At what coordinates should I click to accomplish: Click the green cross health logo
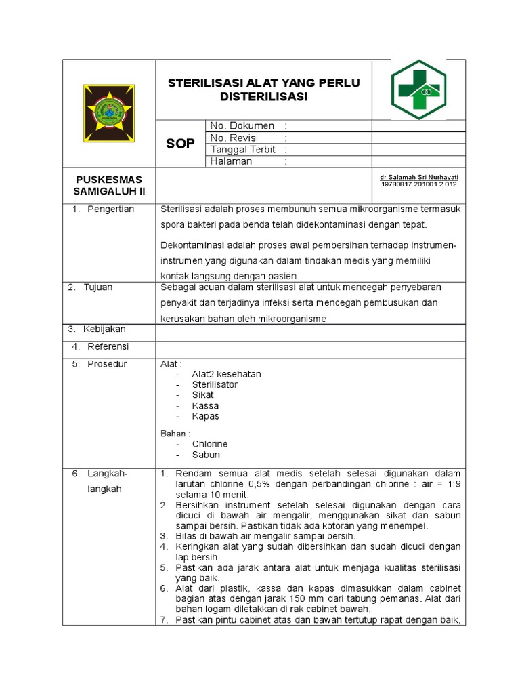[418, 89]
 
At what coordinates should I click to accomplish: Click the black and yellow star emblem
[108, 113]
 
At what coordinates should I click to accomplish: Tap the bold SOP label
[180, 144]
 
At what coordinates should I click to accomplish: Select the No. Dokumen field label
[242, 126]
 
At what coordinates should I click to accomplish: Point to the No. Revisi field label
[234, 138]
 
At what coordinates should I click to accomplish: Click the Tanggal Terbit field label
[243, 150]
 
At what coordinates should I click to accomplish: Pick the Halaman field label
[231, 161]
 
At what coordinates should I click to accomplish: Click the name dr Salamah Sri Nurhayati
[419, 176]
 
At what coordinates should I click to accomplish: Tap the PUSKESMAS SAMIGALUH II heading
[109, 185]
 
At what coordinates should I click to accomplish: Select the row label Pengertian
[110, 209]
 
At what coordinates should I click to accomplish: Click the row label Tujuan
[98, 287]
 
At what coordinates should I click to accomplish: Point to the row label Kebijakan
[104, 329]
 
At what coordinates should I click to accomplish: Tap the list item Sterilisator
[215, 384]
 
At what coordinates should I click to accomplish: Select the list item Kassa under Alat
[205, 405]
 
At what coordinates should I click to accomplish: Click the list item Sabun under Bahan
[206, 455]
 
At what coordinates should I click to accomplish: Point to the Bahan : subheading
[175, 433]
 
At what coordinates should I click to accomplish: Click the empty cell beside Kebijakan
[310, 332]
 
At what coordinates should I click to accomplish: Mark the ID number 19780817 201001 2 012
[419, 184]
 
